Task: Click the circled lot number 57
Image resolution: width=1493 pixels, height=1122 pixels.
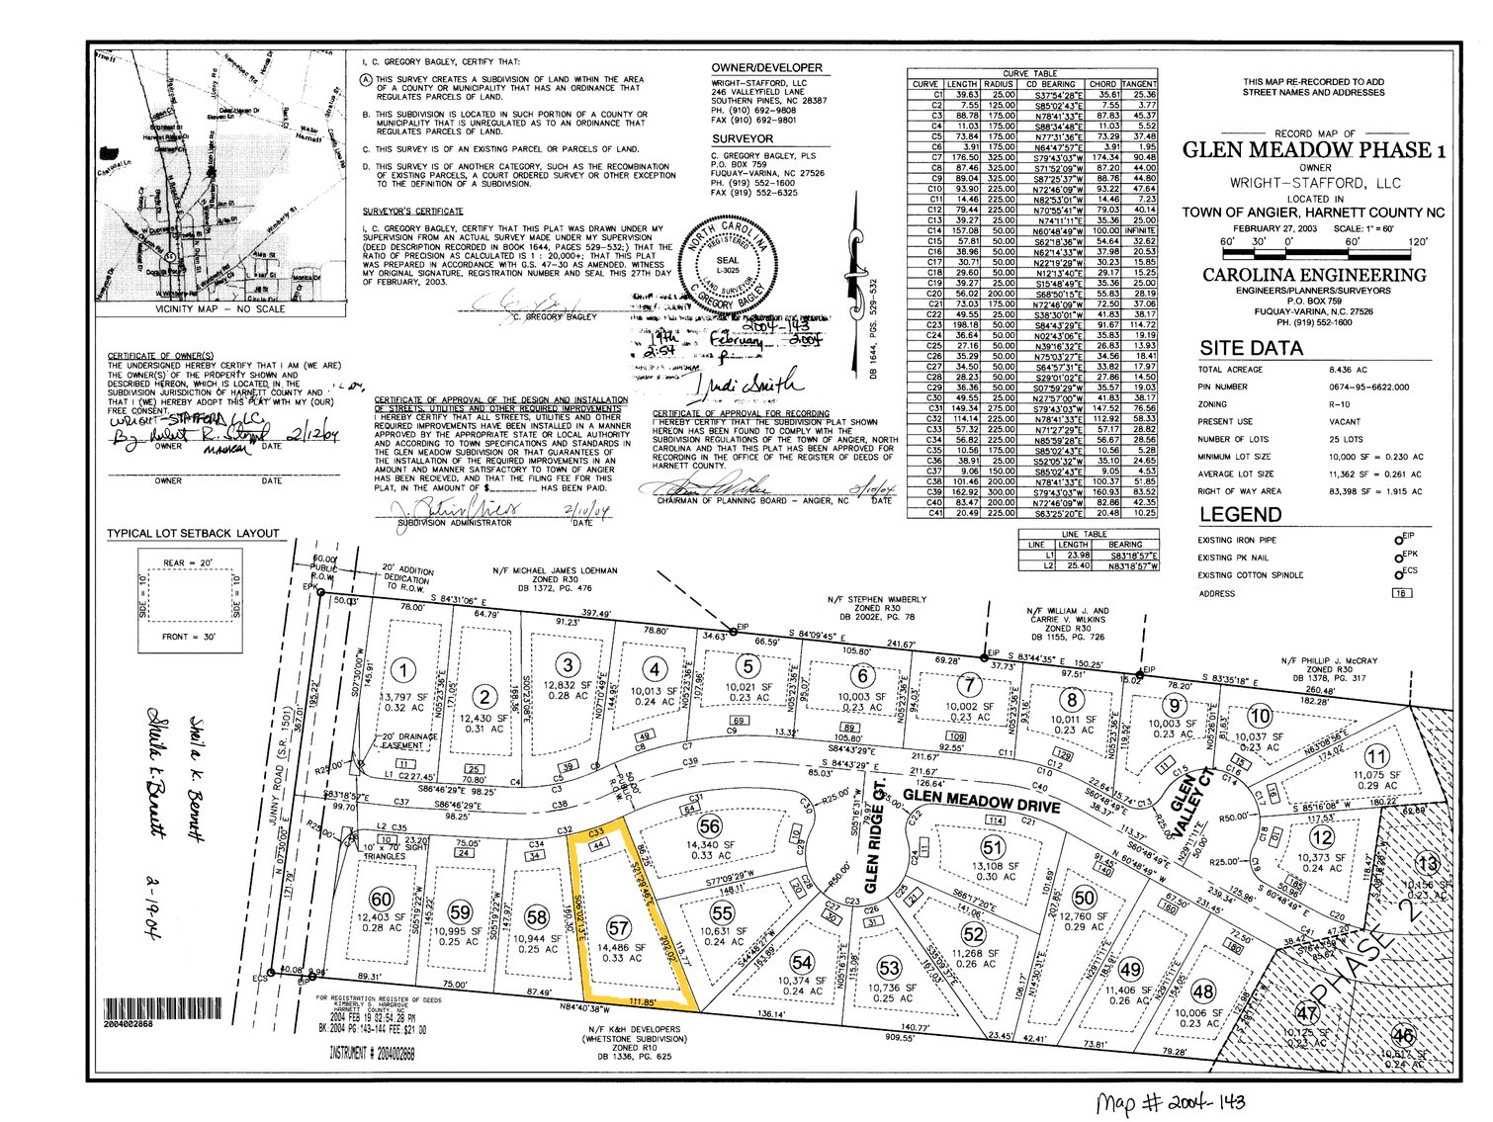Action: pos(618,928)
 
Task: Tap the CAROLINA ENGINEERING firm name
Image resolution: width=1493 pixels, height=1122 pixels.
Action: pos(1314,275)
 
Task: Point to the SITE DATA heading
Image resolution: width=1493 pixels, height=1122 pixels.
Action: pos(1251,348)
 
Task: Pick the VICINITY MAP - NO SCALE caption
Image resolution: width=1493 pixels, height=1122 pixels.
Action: pos(220,309)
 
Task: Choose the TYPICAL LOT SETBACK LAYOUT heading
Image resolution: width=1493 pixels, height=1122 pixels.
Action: pos(193,534)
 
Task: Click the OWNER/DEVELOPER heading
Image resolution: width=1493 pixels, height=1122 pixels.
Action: pos(766,68)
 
